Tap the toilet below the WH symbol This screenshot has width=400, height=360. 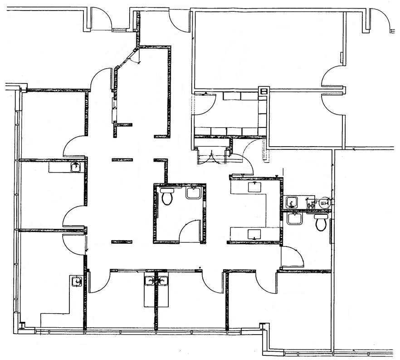[321, 222]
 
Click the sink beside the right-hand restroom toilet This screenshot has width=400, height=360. [294, 218]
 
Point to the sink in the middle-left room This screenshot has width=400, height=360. [76, 168]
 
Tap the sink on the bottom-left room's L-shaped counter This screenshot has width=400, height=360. [77, 281]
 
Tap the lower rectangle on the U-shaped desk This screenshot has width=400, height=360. [253, 234]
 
